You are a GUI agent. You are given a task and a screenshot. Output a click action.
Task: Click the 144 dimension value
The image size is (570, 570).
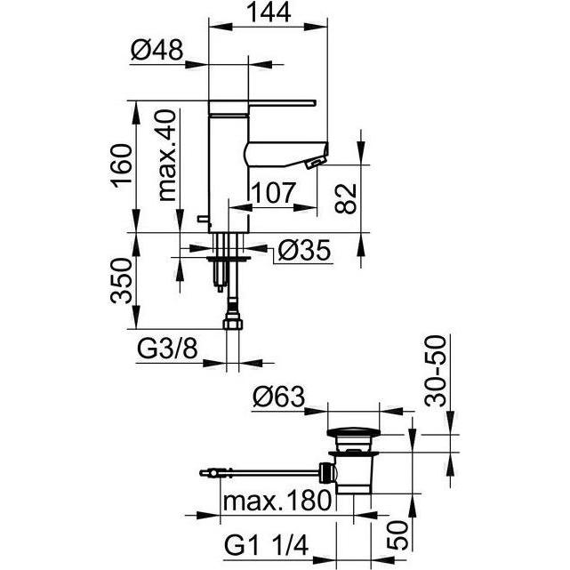[269, 12]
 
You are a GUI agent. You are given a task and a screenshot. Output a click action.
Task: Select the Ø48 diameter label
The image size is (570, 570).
[157, 50]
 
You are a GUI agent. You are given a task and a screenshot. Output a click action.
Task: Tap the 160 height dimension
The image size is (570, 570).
[122, 165]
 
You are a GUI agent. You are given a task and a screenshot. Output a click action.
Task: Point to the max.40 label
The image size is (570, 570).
[167, 156]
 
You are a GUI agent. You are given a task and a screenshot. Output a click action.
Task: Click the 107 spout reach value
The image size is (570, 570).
[274, 193]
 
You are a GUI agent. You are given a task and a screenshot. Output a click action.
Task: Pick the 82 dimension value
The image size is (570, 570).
[345, 198]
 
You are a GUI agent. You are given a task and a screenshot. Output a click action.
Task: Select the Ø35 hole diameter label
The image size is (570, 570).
[304, 251]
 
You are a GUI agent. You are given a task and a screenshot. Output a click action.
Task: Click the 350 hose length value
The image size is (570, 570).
[122, 281]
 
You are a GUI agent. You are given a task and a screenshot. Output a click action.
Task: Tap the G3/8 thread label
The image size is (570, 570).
[167, 349]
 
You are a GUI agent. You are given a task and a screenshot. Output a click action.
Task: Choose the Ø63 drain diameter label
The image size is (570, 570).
[279, 397]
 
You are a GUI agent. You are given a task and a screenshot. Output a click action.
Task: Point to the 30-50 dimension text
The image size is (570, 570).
[435, 371]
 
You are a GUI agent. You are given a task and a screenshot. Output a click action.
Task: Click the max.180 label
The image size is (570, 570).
[277, 501]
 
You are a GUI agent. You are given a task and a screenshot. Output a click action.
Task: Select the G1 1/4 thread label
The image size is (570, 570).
[267, 545]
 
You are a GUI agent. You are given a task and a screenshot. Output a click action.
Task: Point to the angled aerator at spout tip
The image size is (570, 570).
[316, 162]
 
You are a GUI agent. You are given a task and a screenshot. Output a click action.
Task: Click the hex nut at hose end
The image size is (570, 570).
[232, 323]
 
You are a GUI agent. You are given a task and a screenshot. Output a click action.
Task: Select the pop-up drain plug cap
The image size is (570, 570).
[353, 432]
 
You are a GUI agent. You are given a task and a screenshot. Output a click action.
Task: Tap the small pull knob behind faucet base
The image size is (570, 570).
[204, 219]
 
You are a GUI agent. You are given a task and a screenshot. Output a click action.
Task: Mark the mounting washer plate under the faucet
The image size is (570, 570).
[229, 259]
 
